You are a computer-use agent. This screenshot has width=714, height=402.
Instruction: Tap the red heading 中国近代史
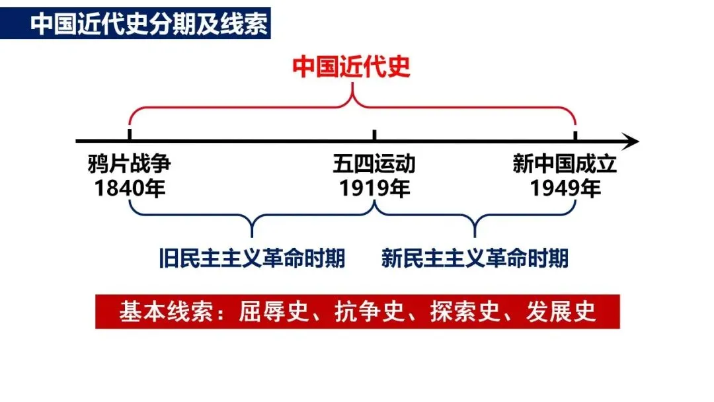[x=352, y=67]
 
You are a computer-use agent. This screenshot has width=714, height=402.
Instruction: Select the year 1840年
[x=129, y=188]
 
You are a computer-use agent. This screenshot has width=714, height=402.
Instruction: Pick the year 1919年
[x=374, y=188]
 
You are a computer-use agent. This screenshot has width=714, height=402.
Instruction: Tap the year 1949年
[x=565, y=188]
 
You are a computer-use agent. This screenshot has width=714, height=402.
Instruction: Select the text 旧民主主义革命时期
[x=252, y=258]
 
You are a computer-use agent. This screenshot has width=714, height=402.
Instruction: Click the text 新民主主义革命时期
[x=475, y=258]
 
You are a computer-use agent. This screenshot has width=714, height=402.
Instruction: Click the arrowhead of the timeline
[x=631, y=141]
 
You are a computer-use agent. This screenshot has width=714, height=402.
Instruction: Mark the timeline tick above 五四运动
[x=375, y=136]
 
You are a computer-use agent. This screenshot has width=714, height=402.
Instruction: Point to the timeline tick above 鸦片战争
[x=129, y=136]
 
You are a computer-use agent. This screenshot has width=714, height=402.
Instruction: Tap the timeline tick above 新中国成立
[x=575, y=136]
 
